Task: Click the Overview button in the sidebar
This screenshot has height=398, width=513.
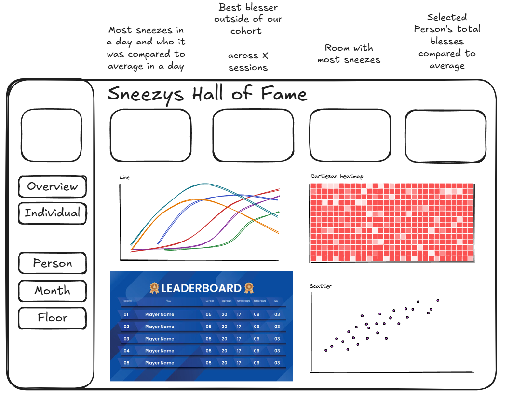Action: [52, 187]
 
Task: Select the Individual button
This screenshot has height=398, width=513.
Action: [52, 213]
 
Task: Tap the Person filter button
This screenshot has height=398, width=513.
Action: [52, 263]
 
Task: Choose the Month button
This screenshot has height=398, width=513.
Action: [52, 291]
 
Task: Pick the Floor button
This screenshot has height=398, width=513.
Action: [52, 318]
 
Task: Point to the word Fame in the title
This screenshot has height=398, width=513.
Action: [284, 93]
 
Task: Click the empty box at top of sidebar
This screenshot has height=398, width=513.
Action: [51, 135]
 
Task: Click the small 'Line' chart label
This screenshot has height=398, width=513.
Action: [124, 177]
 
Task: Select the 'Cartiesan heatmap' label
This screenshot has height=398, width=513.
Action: [337, 176]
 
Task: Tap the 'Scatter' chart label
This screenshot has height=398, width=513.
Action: [321, 286]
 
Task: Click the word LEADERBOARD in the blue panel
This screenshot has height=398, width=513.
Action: [201, 288]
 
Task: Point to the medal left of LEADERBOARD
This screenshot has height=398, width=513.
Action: [154, 288]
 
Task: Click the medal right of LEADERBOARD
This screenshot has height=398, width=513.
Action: [249, 288]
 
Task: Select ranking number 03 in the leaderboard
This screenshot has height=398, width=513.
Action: [126, 339]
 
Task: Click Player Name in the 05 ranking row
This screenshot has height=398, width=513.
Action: [160, 363]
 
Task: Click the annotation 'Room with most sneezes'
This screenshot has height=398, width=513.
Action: [349, 54]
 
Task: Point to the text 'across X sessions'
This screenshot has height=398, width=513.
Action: [248, 61]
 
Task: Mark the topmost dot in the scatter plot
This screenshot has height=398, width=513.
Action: [438, 300]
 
